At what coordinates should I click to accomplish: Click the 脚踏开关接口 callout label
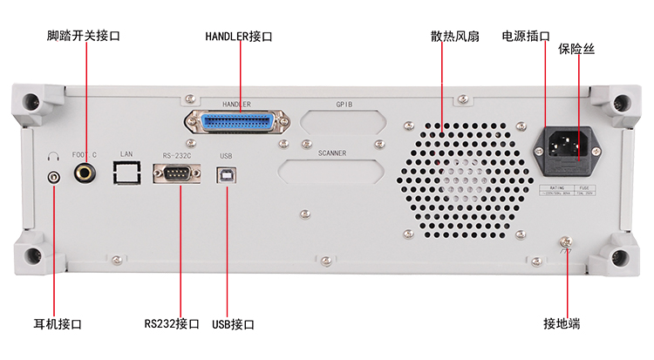point(84,37)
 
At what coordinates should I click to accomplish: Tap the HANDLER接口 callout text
point(239,37)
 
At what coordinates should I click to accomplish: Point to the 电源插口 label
point(526,37)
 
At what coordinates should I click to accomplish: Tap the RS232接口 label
point(172,323)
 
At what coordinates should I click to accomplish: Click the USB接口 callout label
point(233,323)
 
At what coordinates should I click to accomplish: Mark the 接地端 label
point(562,323)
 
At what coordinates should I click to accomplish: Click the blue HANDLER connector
point(236,121)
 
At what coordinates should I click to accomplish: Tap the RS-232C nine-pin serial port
point(178,174)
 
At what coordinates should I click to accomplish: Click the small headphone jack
point(55,177)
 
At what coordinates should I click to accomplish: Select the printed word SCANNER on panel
point(331,153)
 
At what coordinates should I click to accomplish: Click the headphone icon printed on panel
point(54,157)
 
